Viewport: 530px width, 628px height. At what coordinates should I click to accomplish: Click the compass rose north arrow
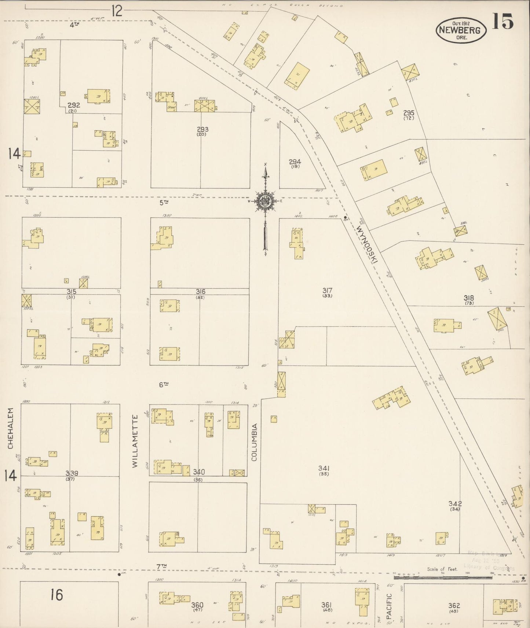click(265, 201)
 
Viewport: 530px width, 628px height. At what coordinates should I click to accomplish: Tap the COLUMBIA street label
click(255, 442)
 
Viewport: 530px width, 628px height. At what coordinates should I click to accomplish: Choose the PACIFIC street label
click(390, 606)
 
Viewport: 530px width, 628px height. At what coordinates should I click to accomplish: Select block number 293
click(202, 129)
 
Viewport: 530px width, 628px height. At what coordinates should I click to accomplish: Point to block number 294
click(295, 162)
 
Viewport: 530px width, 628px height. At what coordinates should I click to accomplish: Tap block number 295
click(409, 113)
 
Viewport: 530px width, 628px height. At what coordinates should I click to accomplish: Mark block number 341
click(324, 468)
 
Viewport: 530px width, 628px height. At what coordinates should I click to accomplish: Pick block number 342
click(455, 503)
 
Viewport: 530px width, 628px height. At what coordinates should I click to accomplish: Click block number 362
click(454, 606)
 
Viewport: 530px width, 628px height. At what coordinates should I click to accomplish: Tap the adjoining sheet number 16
click(57, 594)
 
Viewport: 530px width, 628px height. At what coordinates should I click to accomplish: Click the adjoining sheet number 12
click(117, 11)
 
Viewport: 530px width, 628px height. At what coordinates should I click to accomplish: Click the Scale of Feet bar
click(443, 577)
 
